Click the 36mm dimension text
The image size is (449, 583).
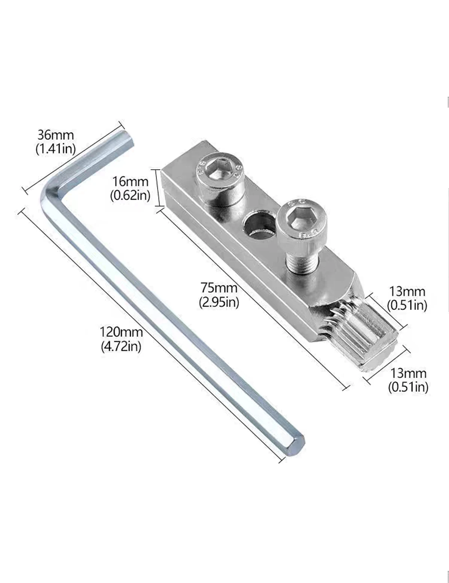click(55, 135)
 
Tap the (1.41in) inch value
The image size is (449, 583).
click(55, 149)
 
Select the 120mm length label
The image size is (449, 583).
click(121, 332)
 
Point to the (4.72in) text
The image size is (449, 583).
click(121, 346)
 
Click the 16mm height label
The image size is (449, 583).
click(130, 182)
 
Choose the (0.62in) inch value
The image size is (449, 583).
click(130, 195)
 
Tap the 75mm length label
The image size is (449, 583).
click(219, 288)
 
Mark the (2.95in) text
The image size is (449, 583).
click(219, 302)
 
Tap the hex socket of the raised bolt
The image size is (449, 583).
click(302, 219)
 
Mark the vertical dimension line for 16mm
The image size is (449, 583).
click(158, 188)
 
